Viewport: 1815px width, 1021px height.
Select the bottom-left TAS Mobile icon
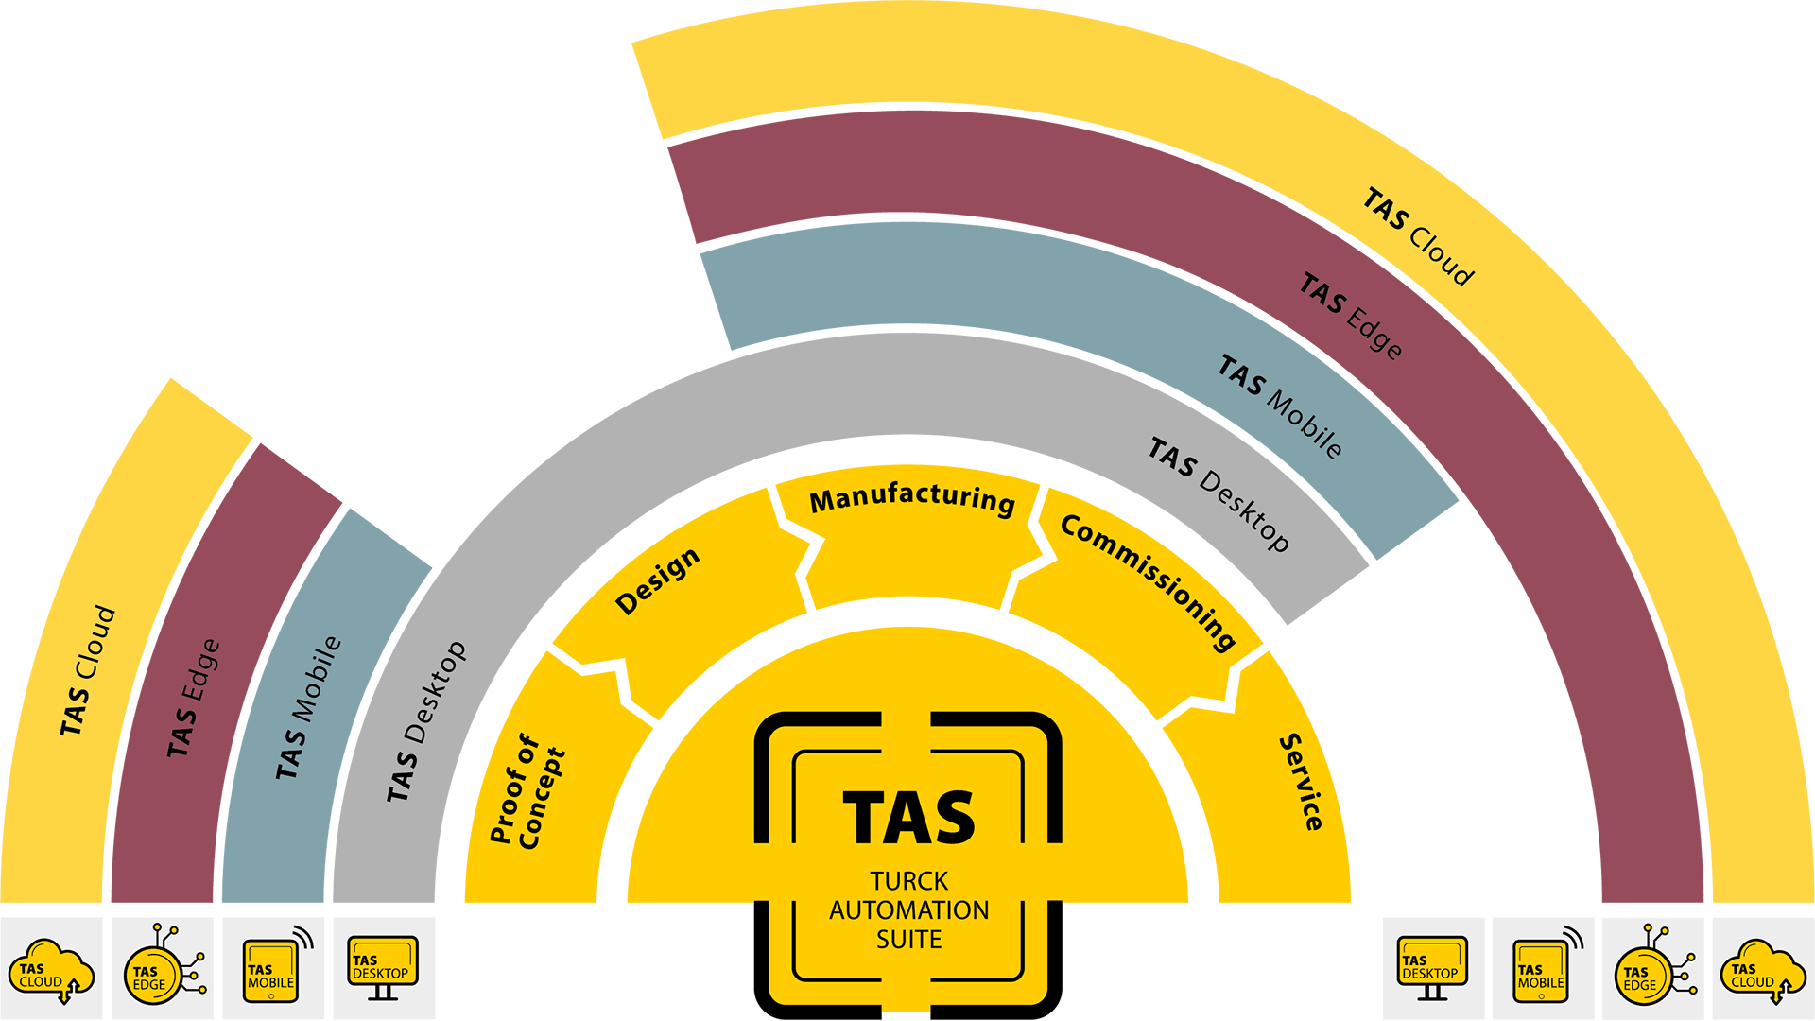click(271, 970)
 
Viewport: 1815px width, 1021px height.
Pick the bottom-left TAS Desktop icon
click(382, 965)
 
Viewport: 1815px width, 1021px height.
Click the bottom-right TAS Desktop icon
click(1431, 965)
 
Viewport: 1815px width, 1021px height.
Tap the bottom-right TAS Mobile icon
click(1541, 970)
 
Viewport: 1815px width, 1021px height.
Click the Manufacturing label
click(912, 498)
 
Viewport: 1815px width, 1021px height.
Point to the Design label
click(658, 580)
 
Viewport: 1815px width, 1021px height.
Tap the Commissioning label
click(1149, 581)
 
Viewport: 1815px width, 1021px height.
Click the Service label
click(1302, 782)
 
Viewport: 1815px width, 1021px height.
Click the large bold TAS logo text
click(908, 819)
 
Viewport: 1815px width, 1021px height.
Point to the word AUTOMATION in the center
click(908, 910)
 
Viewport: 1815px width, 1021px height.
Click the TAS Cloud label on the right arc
click(1418, 237)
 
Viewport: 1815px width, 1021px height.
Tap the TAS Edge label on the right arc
click(1351, 316)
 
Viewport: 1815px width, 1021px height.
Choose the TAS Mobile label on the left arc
click(308, 707)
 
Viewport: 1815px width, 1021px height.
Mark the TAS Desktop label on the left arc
click(426, 721)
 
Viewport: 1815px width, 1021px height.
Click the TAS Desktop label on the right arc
click(1219, 493)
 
